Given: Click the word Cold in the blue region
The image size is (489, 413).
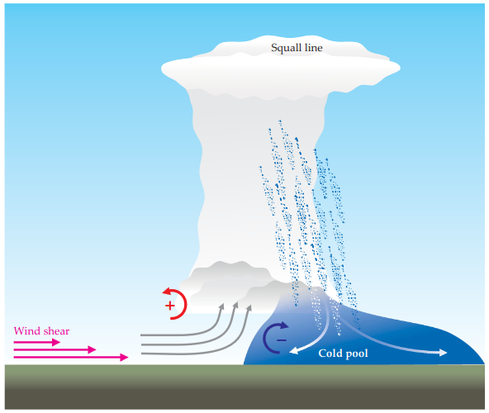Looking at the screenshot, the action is (x=329, y=353).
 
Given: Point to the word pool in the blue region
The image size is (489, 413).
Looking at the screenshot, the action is (x=355, y=354).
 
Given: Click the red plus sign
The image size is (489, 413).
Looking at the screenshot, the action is (x=169, y=306).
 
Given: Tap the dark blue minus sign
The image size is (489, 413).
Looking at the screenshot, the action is (x=282, y=340).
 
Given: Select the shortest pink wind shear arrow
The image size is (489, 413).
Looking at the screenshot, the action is (x=37, y=342).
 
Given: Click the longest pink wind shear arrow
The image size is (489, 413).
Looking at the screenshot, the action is (x=71, y=357).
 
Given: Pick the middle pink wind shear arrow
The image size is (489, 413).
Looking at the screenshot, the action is (x=55, y=349).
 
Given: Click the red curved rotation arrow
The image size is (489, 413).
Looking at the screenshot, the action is (x=186, y=302).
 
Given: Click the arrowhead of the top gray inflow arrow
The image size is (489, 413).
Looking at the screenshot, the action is (x=221, y=306).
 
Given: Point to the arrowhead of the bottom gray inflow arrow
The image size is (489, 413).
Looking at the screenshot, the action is (x=249, y=308).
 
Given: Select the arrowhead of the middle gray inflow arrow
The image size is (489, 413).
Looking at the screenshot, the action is (x=235, y=305).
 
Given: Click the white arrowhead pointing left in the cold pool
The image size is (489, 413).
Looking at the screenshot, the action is (x=294, y=351).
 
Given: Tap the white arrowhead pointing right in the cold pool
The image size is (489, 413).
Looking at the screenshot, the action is (x=443, y=353).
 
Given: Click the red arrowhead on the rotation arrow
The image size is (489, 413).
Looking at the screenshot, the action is (x=167, y=292).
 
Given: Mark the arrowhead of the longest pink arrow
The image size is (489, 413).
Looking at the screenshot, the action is (x=125, y=357).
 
